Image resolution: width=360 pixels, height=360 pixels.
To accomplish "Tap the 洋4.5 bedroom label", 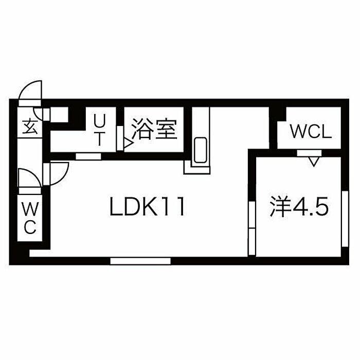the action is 299,207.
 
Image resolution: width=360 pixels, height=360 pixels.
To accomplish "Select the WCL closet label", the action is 311,132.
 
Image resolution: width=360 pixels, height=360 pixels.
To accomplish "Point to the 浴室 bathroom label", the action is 154,130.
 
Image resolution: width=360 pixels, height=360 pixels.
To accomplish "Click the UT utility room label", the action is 100,130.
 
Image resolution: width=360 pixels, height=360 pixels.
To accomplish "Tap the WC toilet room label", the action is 30,218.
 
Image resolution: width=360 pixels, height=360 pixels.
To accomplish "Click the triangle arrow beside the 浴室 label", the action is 128,143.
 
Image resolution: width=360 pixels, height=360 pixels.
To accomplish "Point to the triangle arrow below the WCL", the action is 314,161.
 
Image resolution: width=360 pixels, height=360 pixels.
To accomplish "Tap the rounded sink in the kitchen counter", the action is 201,150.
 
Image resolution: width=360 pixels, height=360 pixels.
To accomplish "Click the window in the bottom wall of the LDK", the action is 140,261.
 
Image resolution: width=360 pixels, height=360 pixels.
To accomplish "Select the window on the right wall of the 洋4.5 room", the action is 345,219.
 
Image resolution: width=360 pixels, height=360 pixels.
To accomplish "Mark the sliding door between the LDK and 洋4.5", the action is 252,228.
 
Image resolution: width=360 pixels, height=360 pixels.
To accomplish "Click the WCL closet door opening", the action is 309,153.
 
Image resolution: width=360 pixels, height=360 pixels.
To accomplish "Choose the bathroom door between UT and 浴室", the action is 120,138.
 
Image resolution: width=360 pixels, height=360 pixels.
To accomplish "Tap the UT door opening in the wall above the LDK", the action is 88,156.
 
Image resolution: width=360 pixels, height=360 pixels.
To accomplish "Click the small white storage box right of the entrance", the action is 59,115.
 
